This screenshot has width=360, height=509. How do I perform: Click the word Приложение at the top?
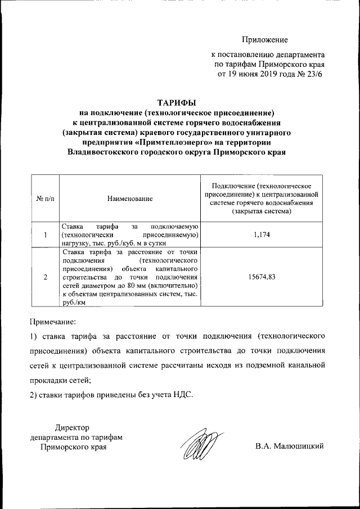pos(265,40)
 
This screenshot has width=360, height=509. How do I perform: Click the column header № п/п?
pos(44,199)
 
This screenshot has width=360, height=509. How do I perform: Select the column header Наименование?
pos(130,199)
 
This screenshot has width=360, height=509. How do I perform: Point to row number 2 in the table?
pos(44,277)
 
